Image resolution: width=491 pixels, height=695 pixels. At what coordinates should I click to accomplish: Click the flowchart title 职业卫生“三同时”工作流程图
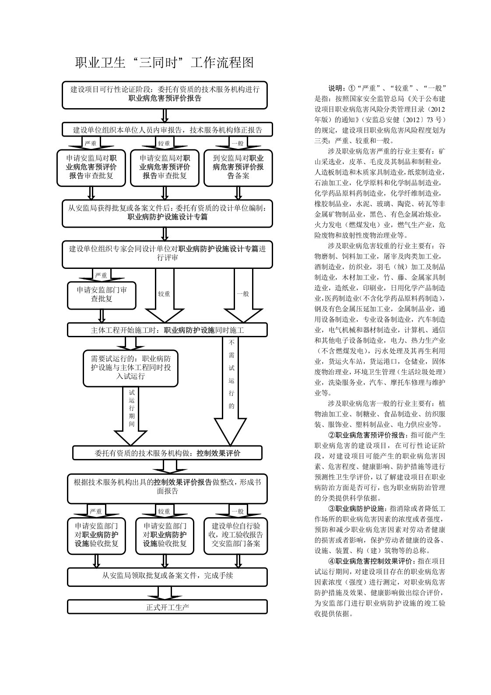tap(164, 62)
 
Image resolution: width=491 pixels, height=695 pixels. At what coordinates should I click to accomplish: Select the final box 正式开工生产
tap(167, 607)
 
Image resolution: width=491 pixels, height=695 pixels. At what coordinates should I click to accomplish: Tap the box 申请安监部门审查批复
tap(102, 295)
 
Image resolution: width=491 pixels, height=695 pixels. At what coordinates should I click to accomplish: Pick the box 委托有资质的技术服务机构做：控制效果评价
tap(167, 453)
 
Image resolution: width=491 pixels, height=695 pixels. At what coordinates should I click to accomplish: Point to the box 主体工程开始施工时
tap(167, 330)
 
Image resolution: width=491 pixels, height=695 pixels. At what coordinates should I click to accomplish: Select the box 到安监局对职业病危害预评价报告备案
tap(238, 168)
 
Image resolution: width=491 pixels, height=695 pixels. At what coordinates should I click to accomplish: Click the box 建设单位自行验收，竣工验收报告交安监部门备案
tap(235, 535)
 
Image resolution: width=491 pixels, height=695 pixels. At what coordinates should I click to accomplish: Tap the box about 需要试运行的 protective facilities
tap(130, 368)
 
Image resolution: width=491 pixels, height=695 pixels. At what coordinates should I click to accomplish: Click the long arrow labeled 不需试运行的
tap(231, 391)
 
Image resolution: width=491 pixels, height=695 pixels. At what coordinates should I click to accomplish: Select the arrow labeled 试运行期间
tap(130, 416)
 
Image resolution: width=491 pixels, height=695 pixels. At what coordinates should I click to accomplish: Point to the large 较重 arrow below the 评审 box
tap(165, 295)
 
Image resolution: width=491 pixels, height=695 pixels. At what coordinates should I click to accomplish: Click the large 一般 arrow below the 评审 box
tap(243, 295)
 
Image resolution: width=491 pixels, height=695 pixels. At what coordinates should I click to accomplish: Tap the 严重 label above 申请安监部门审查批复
tap(101, 275)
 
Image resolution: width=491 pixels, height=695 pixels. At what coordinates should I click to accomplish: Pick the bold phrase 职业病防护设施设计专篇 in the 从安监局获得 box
tap(167, 217)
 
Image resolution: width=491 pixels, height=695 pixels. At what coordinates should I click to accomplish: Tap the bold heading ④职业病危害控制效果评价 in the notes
tap(371, 561)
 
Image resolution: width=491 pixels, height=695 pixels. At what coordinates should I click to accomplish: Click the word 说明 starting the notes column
tap(335, 88)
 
